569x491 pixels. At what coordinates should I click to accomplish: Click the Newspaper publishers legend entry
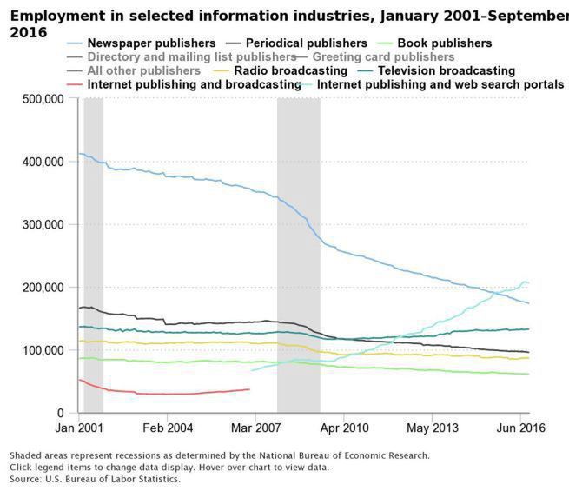[151, 43]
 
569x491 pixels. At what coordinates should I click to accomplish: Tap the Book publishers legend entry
[444, 43]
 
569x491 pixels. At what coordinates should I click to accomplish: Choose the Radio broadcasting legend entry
[290, 70]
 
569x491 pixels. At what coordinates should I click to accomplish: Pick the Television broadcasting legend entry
[447, 70]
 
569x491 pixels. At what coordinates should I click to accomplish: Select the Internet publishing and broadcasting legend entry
[194, 84]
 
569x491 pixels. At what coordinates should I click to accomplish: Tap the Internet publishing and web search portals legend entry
[440, 84]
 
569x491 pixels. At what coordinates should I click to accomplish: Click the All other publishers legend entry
[143, 70]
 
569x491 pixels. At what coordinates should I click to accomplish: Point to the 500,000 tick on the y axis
[42, 99]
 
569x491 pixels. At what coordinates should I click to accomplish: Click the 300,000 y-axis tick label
[42, 224]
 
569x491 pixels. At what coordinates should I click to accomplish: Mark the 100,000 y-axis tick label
[42, 350]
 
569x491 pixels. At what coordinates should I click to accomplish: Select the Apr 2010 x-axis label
[344, 428]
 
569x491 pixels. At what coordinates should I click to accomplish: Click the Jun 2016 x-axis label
[519, 428]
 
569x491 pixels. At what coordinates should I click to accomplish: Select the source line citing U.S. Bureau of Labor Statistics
[96, 479]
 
